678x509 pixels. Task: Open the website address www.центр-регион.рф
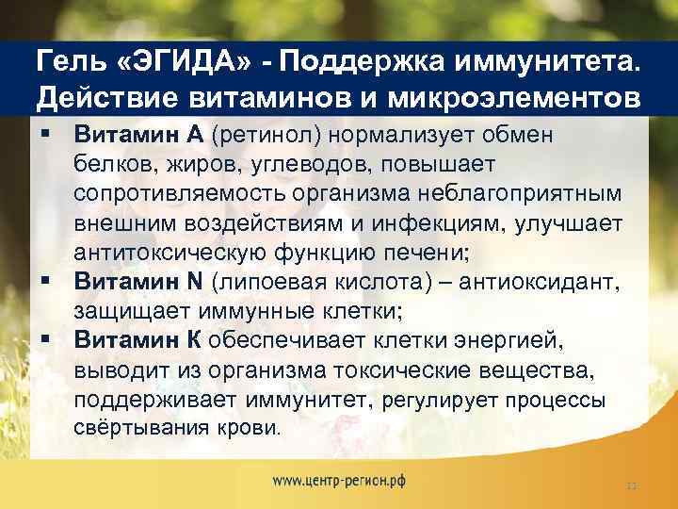pyautogui.click(x=339, y=480)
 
